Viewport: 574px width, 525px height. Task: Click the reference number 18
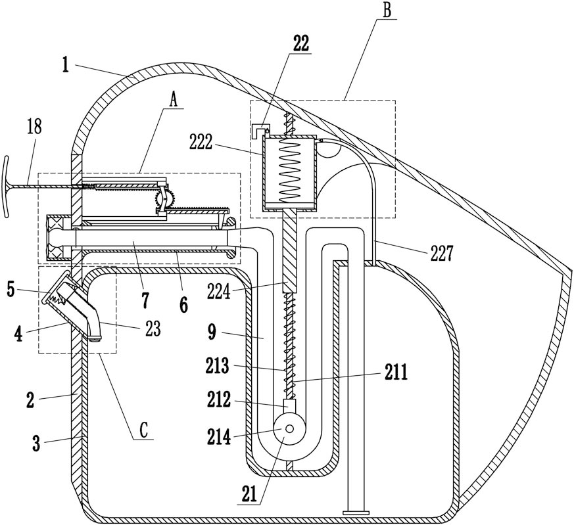pos(35,127)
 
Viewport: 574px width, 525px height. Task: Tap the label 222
pos(201,143)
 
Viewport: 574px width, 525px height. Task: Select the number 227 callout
pos(442,254)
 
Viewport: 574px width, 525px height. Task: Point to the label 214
pos(219,437)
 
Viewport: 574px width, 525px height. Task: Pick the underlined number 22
pos(300,43)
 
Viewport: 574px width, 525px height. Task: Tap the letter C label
pos(143,430)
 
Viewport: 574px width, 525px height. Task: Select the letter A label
pos(174,99)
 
